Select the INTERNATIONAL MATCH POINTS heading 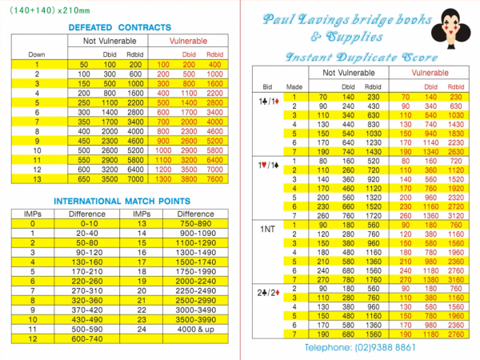coord(122,201)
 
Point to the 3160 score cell coord(455,281)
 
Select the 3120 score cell coord(455,215)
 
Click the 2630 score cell coord(455,151)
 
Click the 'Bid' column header coord(268,82)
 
